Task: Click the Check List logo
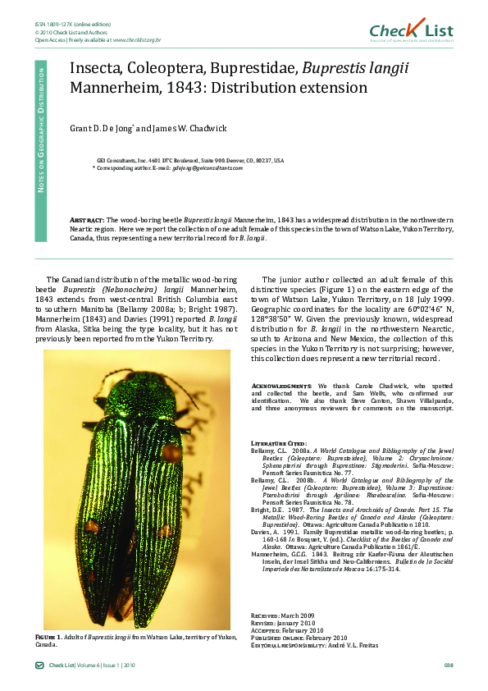[411, 30]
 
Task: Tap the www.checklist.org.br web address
[136, 39]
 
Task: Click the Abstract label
[87, 221]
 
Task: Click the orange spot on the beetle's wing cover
[171, 452]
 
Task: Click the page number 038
[448, 665]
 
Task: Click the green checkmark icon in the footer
[39, 665]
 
